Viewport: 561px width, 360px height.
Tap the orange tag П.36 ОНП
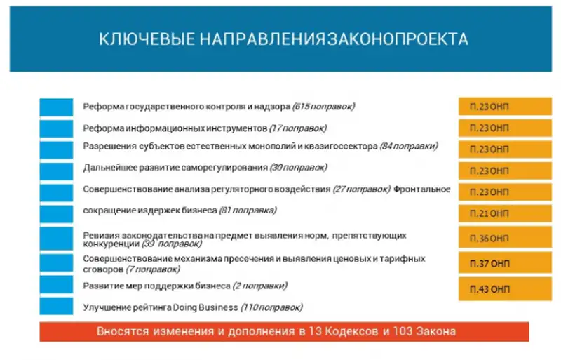click(x=494, y=238)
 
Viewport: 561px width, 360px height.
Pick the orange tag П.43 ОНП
click(x=494, y=289)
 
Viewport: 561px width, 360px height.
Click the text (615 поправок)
click(x=323, y=107)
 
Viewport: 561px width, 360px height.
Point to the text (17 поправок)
click(x=299, y=128)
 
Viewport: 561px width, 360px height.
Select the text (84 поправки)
click(x=409, y=146)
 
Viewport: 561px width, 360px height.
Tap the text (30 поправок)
click(x=299, y=168)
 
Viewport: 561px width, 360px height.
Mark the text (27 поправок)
click(x=362, y=189)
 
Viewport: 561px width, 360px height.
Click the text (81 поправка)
click(x=248, y=210)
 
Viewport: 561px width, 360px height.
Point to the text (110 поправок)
click(x=272, y=307)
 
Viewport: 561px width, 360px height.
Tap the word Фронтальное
click(x=422, y=189)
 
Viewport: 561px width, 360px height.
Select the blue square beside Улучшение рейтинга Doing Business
click(x=56, y=307)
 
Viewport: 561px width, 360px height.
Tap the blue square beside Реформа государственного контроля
click(x=56, y=107)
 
